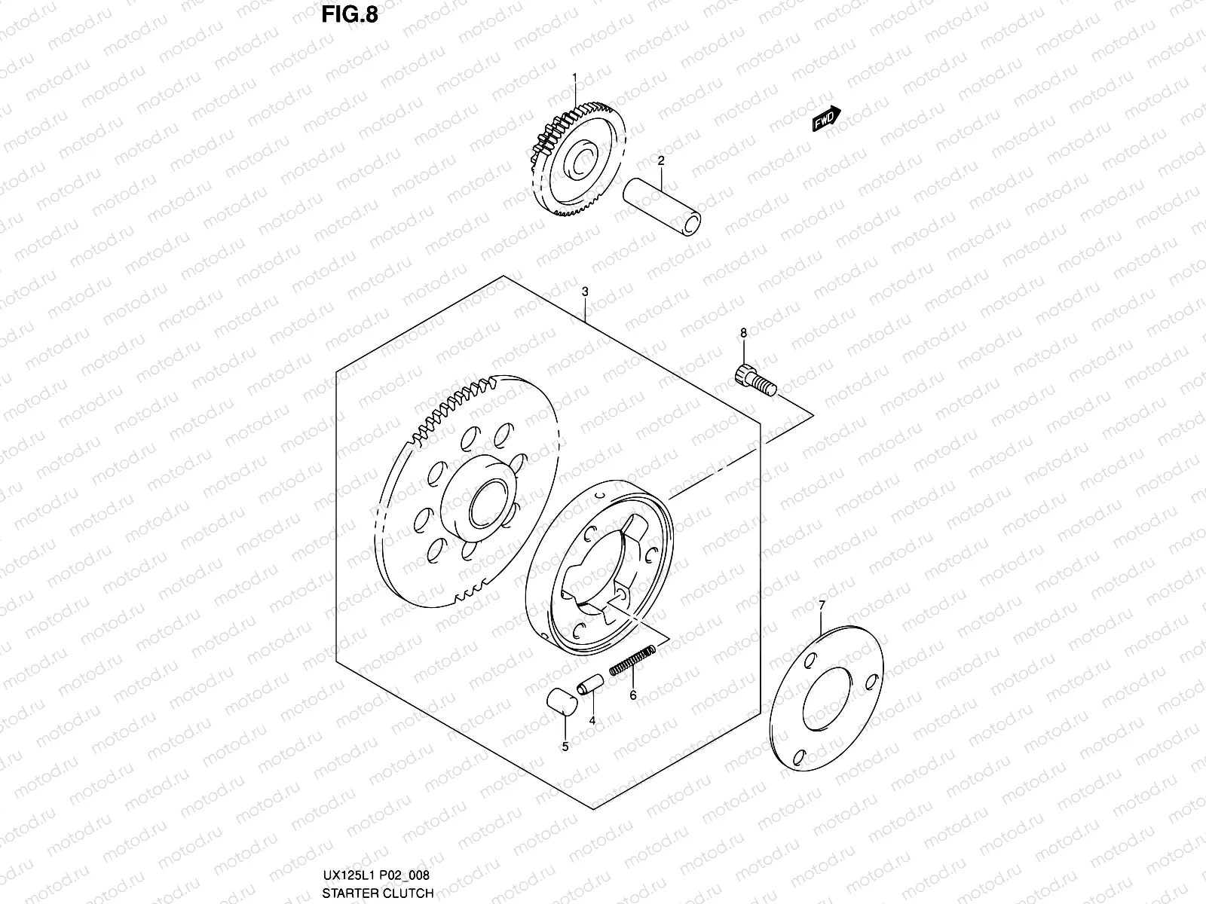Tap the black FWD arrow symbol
[826, 118]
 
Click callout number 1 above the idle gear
[574, 78]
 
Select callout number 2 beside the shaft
[660, 160]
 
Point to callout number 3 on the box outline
[585, 292]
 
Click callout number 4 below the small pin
[592, 720]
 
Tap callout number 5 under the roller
[565, 747]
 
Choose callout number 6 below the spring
[633, 695]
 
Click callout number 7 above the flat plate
[822, 605]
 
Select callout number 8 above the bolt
[743, 332]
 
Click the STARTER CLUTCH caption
[377, 893]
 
